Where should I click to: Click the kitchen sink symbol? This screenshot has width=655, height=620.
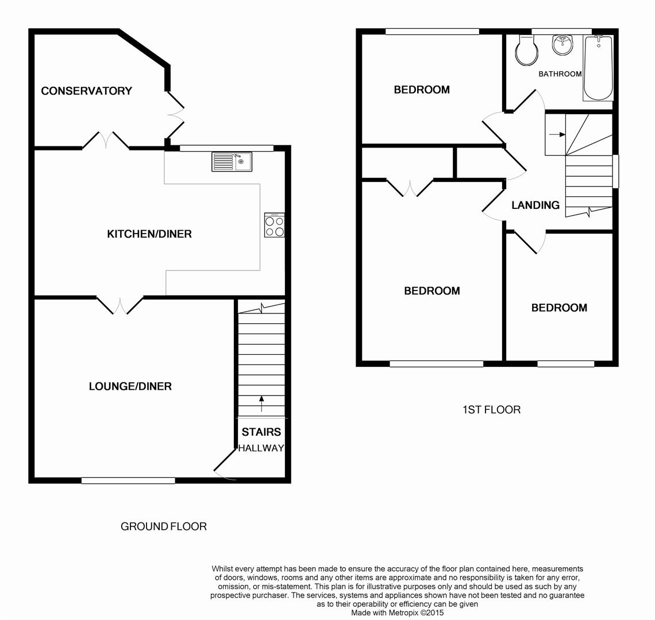[231, 161]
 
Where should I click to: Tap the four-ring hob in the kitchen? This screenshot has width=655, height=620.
[275, 225]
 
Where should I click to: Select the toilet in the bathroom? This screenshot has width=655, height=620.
[526, 51]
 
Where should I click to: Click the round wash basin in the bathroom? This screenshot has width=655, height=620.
[563, 45]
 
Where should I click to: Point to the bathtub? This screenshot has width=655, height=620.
[598, 68]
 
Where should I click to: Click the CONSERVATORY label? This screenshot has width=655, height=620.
[86, 91]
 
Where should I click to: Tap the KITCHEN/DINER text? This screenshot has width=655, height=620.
[149, 234]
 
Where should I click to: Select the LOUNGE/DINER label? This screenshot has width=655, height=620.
[130, 386]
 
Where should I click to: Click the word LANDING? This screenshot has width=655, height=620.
[535, 205]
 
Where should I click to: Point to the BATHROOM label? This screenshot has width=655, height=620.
[560, 74]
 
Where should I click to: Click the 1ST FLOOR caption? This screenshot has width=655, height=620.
[491, 410]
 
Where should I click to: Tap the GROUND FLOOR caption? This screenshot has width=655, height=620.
[163, 526]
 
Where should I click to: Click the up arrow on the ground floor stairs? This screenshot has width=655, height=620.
[262, 404]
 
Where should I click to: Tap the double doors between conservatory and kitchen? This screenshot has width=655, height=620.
[106, 140]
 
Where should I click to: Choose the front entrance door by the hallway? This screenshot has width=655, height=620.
[224, 465]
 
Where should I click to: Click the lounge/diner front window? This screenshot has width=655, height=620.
[128, 480]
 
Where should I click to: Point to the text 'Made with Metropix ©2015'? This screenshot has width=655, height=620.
[397, 613]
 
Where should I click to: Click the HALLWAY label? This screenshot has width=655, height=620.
[261, 448]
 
